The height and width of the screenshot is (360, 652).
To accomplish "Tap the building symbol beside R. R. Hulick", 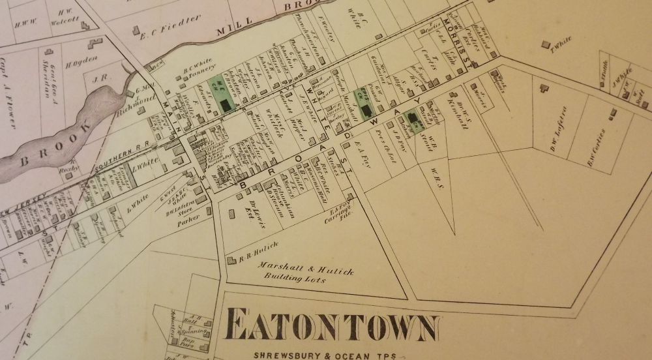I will (231, 260).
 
